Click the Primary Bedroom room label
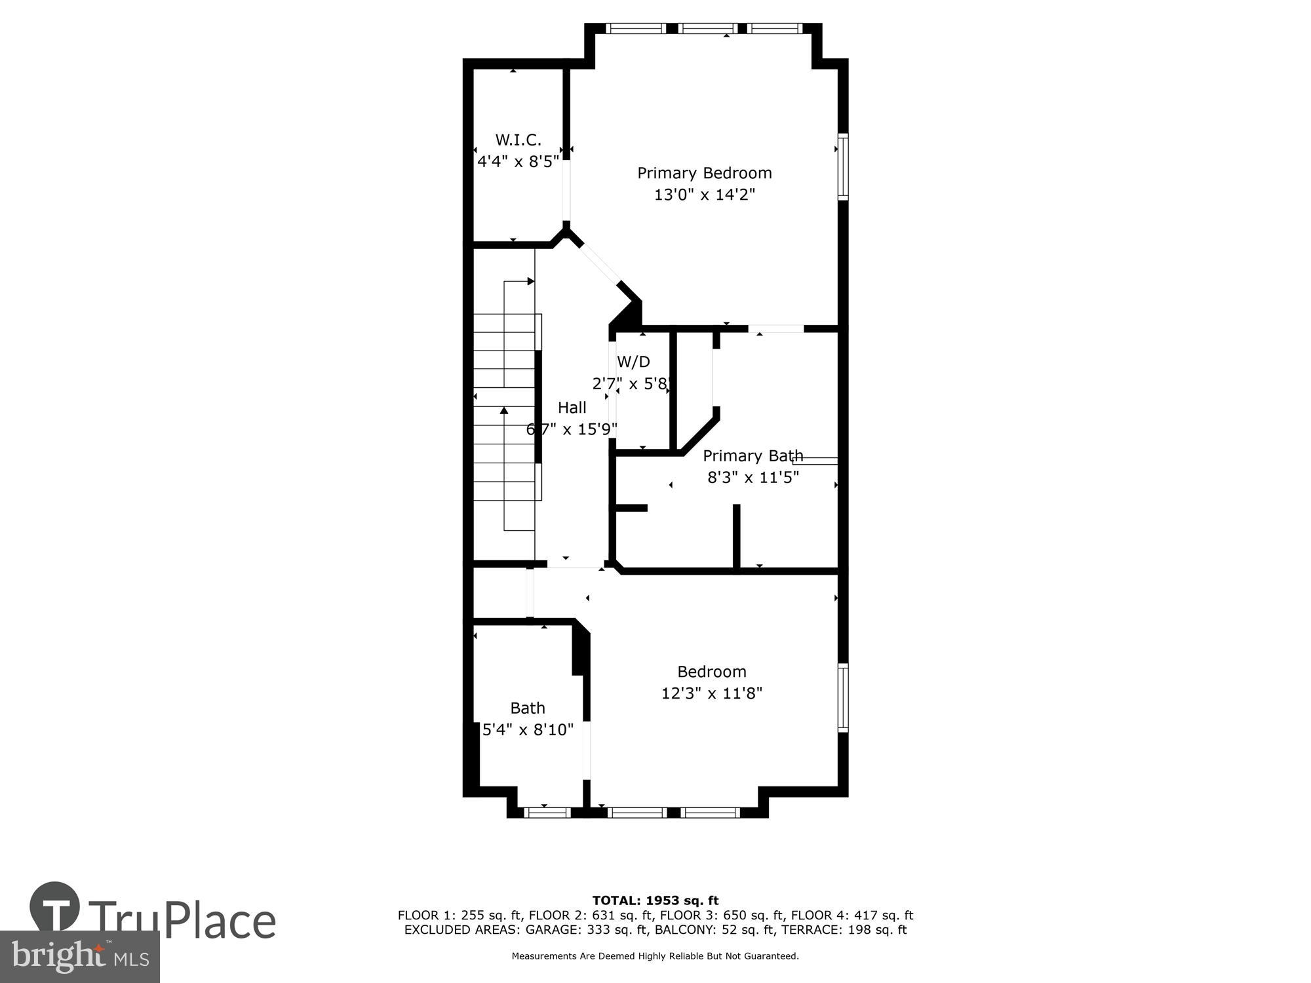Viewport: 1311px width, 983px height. (x=705, y=173)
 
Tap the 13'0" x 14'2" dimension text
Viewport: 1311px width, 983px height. (x=705, y=195)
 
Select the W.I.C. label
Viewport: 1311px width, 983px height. (x=518, y=140)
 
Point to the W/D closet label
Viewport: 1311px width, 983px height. (x=633, y=362)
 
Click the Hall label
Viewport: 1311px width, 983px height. (x=572, y=408)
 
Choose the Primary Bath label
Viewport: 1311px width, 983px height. (x=753, y=455)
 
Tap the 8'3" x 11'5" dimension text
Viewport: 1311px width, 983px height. (x=753, y=477)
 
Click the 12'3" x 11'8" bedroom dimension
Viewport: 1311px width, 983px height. (x=712, y=693)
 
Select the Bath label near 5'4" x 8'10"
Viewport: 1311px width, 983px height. (x=528, y=708)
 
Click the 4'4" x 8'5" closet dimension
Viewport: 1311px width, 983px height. (x=518, y=161)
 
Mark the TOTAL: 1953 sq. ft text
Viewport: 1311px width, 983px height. (x=655, y=900)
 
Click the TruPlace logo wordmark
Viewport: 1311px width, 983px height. (x=182, y=921)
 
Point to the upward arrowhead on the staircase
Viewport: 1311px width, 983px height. (x=504, y=411)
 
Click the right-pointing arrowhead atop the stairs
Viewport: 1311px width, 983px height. (x=531, y=282)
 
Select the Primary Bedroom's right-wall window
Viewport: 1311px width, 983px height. (x=843, y=166)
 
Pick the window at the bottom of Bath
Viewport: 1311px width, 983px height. (x=547, y=813)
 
